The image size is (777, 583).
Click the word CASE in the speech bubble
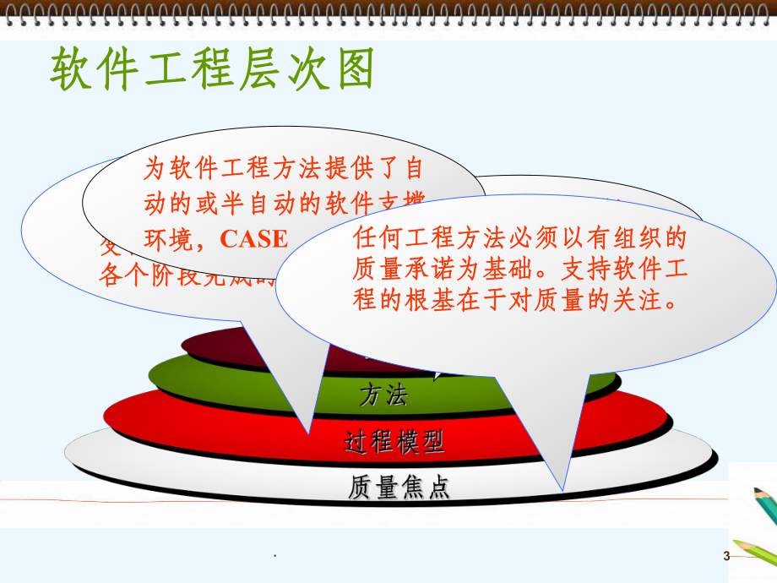pyautogui.click(x=253, y=239)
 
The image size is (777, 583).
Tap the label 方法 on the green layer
pyautogui.click(x=385, y=393)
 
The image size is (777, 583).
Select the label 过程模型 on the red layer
pyautogui.click(x=394, y=441)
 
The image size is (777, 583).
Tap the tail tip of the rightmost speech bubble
pyautogui.click(x=558, y=489)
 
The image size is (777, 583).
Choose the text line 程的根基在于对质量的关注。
pyautogui.click(x=517, y=300)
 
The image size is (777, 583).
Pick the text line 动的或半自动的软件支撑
pyautogui.click(x=283, y=204)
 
